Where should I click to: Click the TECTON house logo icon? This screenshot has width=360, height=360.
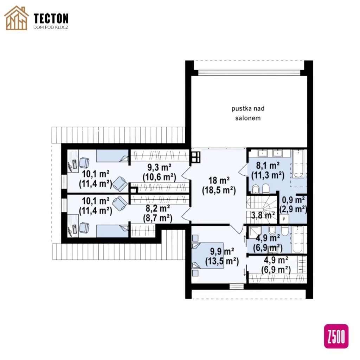[17, 18]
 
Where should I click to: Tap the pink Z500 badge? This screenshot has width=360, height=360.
[336, 336]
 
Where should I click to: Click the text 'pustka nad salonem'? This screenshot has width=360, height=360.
[248, 113]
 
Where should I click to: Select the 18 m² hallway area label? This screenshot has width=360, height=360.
[219, 186]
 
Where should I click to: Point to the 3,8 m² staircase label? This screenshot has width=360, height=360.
[263, 216]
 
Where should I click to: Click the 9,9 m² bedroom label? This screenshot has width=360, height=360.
[222, 256]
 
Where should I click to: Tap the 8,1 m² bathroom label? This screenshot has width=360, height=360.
[268, 171]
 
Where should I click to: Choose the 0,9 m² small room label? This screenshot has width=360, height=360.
[293, 205]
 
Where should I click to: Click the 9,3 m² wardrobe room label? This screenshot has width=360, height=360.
[159, 172]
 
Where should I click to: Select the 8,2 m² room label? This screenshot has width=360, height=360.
[158, 213]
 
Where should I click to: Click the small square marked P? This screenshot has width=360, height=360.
[284, 219]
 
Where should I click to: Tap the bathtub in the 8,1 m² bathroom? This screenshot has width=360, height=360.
[298, 163]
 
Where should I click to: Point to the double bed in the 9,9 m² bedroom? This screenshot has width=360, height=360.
[207, 256]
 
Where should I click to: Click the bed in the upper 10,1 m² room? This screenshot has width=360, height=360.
[112, 156]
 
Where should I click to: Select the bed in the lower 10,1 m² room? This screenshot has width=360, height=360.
[112, 231]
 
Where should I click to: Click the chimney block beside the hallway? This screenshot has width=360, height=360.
[196, 157]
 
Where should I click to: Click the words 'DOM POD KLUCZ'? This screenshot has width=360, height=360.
[51, 27]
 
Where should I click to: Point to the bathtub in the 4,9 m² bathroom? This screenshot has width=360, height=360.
[298, 239]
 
